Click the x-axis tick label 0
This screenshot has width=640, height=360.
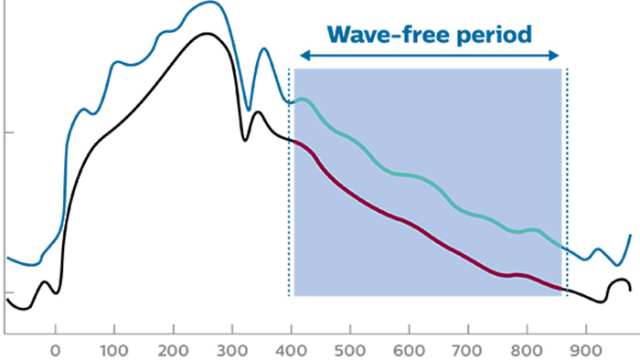click(55, 351)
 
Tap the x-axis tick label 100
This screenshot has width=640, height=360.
click(114, 351)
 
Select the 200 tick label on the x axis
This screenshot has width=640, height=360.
click(173, 351)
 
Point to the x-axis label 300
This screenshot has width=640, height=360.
click(232, 351)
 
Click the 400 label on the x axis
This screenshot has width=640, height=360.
click(291, 351)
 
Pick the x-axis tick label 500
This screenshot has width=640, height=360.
click(350, 351)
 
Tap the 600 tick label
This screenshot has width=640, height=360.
click(409, 351)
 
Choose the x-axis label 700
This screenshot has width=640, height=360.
click(468, 351)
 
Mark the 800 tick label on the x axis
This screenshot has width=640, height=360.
click(527, 351)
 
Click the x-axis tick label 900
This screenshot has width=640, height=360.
click(586, 351)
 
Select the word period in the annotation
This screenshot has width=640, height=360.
click(495, 36)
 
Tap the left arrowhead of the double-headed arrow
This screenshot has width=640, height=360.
click(304, 56)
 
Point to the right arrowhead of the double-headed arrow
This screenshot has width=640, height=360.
click(554, 56)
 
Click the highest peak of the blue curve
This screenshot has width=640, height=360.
click(210, 2)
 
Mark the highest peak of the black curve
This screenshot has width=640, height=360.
click(207, 34)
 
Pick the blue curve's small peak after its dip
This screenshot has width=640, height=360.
click(264, 48)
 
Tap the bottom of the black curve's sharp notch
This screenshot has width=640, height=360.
click(245, 140)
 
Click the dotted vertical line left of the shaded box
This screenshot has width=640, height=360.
click(289, 182)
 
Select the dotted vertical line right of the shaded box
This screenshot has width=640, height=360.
click(567, 182)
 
